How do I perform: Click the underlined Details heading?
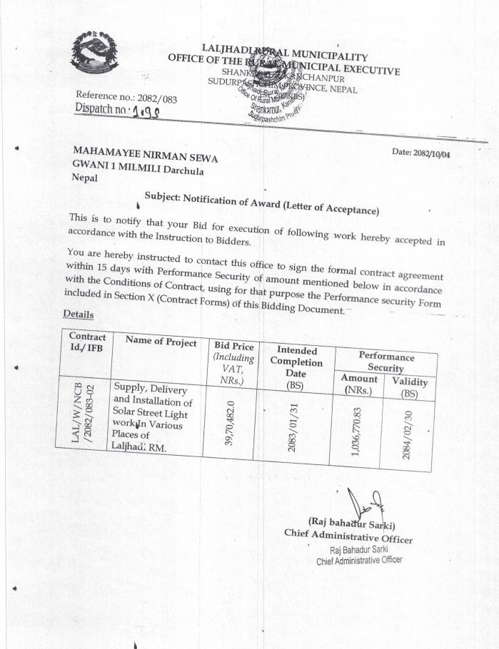point(79,314)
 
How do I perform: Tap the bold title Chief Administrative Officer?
point(348,536)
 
